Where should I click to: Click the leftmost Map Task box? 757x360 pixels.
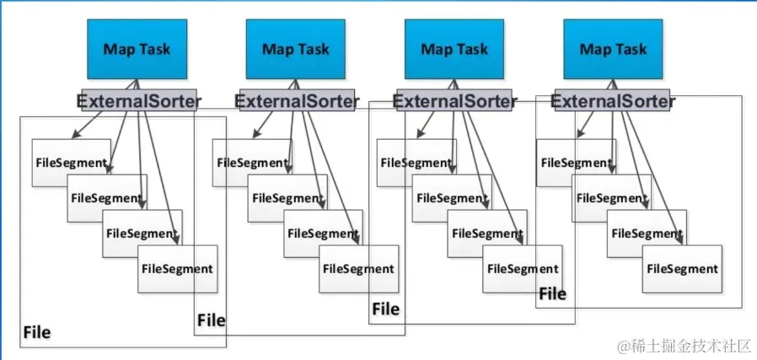coord(137,49)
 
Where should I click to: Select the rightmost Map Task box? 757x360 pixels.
coord(613,49)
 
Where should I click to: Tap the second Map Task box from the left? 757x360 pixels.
coord(295,49)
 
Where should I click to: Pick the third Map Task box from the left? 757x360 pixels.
coord(454,49)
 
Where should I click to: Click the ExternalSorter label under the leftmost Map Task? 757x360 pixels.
coord(138,101)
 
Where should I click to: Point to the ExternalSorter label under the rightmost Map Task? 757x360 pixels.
coord(613,101)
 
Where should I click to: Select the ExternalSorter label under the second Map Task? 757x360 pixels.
coord(297,101)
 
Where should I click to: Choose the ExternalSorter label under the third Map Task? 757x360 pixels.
coord(454,101)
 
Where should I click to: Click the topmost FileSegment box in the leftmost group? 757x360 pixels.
coord(72,163)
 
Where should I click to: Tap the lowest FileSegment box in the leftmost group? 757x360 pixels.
coord(177,269)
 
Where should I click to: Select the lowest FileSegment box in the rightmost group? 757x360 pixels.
coord(682,269)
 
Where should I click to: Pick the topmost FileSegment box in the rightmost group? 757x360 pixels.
coord(577,163)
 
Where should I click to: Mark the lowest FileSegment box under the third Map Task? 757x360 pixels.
coord(523,269)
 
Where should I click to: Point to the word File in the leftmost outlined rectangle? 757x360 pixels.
coord(37,332)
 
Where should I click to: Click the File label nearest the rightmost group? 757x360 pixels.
coord(552,293)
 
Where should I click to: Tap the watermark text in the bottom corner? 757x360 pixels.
coord(685,346)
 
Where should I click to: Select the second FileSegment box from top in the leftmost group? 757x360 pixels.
coord(107,198)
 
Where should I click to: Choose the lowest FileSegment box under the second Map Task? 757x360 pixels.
coord(359,269)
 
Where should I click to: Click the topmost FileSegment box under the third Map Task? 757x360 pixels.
coord(416,163)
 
